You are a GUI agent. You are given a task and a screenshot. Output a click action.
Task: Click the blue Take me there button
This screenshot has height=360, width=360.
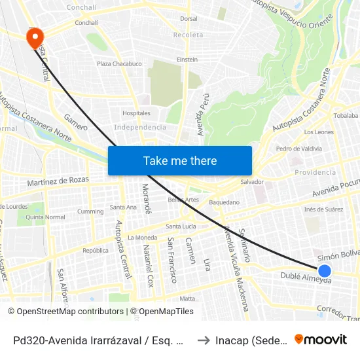pyautogui.click(x=180, y=160)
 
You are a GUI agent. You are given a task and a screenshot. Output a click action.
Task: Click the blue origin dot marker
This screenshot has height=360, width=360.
pyautogui.click(x=325, y=270)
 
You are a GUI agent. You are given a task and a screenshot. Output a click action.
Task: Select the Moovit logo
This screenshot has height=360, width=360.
pyautogui.click(x=320, y=340)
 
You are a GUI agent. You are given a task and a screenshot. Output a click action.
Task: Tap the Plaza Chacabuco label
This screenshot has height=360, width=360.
pyautogui.click(x=119, y=64)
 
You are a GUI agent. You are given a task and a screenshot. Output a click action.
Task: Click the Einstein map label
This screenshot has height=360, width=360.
pyautogui.click(x=187, y=60)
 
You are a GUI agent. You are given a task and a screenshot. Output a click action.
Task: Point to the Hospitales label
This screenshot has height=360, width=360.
pyautogui.click(x=136, y=113)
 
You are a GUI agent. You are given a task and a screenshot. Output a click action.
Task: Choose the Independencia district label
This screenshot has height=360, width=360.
pyautogui.click(x=140, y=127)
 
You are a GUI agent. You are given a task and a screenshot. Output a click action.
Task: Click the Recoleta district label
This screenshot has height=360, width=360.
pyautogui.click(x=189, y=35)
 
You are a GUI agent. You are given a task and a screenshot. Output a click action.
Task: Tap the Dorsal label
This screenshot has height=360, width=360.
pyautogui.click(x=189, y=19)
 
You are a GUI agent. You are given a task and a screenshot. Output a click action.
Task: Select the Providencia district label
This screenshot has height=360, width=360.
pyautogui.click(x=315, y=172)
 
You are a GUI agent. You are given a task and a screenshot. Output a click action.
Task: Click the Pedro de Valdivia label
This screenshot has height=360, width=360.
pyautogui.click(x=299, y=149)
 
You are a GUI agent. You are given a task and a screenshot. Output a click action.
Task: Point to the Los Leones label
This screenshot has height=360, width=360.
pyautogui.click(x=319, y=132)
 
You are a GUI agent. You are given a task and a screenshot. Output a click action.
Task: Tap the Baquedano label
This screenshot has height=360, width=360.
pyautogui.click(x=225, y=203)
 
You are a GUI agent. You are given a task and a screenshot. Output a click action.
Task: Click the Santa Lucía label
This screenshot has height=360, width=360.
pyautogui.click(x=181, y=226)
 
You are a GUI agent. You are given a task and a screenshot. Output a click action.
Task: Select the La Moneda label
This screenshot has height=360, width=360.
pyautogui.click(x=141, y=237)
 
